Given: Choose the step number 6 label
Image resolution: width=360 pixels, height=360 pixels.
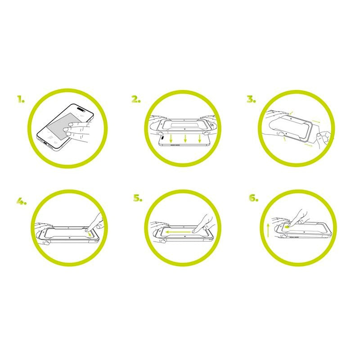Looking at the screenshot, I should [x=253, y=198].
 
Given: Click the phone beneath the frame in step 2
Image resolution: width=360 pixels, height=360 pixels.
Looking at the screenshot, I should [x=184, y=143].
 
